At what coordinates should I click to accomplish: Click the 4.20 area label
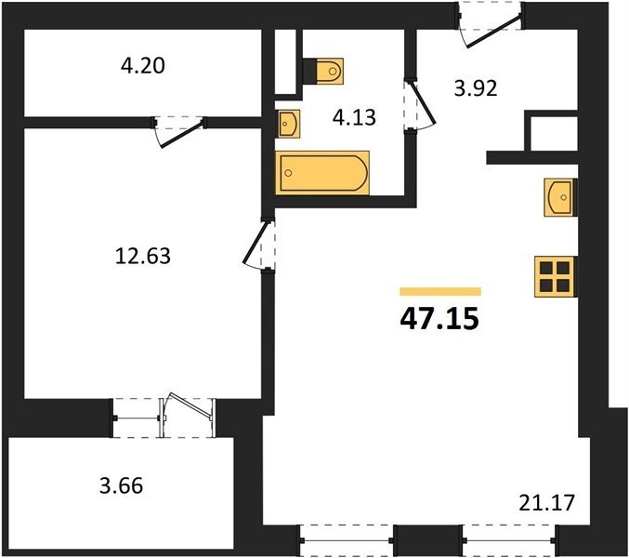(143, 66)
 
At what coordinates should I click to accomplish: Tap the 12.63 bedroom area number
(143, 256)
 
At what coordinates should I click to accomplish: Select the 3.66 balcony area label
(121, 486)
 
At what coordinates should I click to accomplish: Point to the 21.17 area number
(546, 503)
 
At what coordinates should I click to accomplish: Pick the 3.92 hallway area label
(476, 88)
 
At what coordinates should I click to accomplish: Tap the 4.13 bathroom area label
(354, 117)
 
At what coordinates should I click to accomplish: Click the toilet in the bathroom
(323, 72)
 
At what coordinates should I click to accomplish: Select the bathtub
(322, 173)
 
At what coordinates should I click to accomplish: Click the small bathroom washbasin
(289, 124)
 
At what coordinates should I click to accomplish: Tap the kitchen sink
(560, 197)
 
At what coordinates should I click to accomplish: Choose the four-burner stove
(556, 276)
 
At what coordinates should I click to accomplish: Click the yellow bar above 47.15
(440, 291)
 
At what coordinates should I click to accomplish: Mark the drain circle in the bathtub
(288, 173)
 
